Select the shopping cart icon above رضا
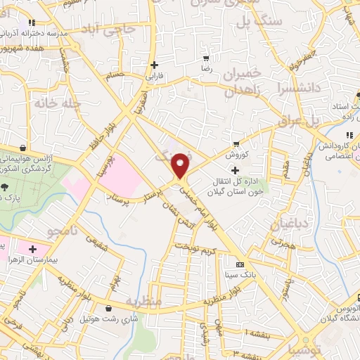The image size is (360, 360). pos(205,58)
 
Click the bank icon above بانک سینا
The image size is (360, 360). pos(240,265)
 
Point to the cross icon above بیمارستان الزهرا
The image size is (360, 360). pos(32,247)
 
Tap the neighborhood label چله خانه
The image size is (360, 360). pos(52,103)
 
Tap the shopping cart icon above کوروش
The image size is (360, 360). pos(233,141)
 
